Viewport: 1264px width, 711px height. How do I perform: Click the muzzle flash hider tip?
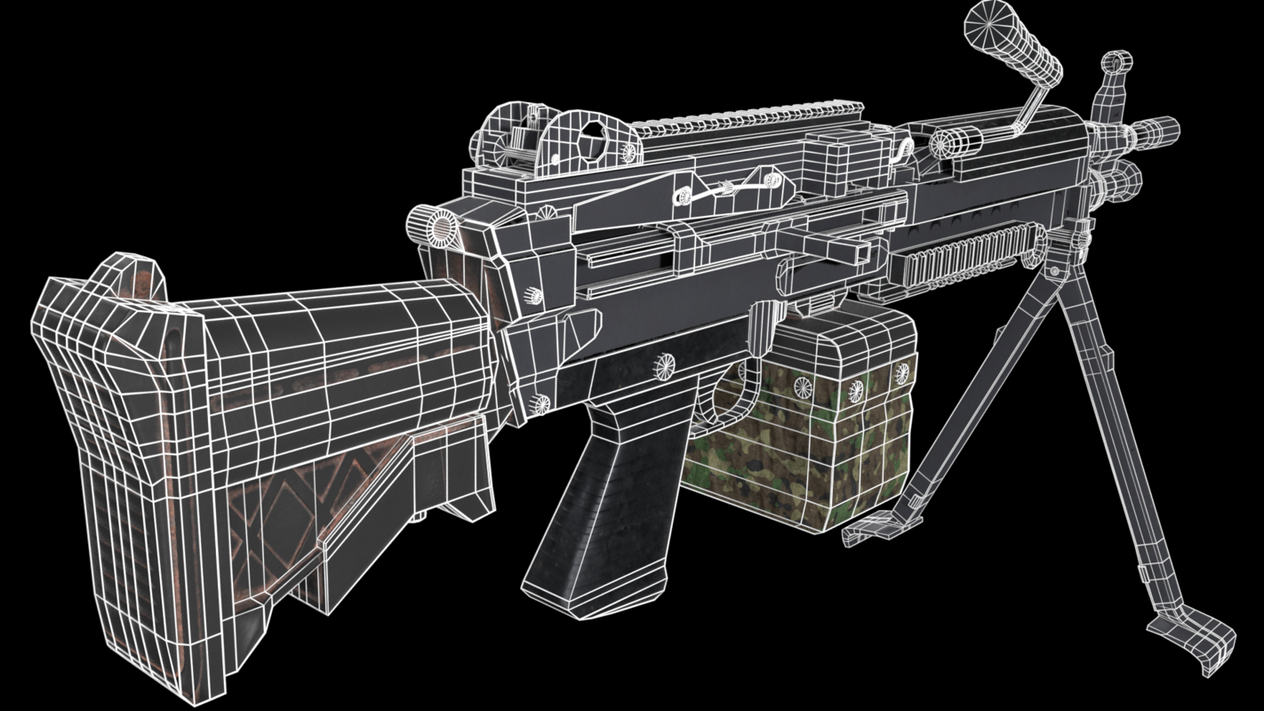point(1160,130)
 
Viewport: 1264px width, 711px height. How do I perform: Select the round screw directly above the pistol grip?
point(663,362)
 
